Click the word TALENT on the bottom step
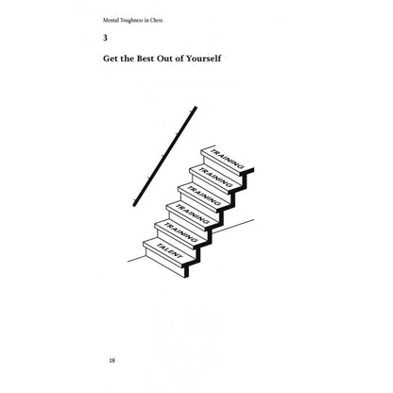169,251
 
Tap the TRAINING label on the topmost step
227,159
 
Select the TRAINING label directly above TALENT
180,232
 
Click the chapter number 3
105,38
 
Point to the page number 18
112,360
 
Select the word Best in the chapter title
145,59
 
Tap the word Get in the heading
110,59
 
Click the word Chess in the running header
157,20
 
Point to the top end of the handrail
196,108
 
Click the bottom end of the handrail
134,205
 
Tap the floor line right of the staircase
233,226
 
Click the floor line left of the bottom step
136,259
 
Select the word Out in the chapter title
165,59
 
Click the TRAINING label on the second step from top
215,177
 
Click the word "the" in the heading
127,59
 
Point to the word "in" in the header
147,20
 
